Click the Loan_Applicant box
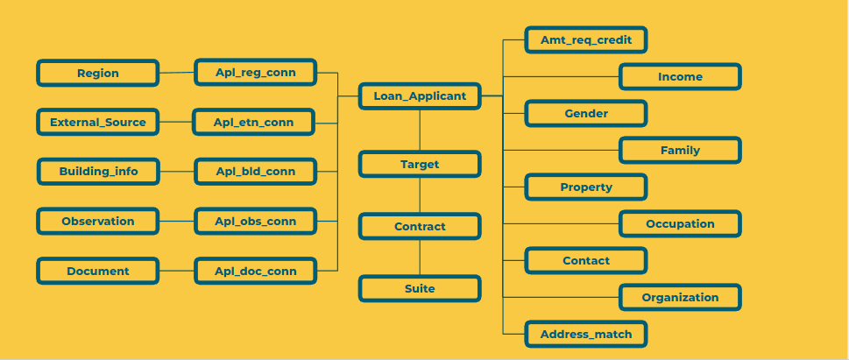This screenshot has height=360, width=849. tap(420, 95)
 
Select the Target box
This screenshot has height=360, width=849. tap(420, 164)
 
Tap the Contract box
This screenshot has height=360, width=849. tap(420, 226)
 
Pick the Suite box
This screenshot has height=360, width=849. tap(420, 288)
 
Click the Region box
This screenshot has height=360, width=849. tap(97, 73)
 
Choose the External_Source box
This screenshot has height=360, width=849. tap(97, 122)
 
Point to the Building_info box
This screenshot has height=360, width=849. tap(98, 171)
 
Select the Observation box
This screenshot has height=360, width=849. tap(97, 221)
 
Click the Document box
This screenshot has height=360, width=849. tap(97, 271)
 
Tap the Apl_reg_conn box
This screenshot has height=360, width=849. tap(255, 73)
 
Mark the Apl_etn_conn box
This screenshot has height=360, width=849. tap(254, 122)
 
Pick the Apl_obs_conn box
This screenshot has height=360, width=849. tap(255, 221)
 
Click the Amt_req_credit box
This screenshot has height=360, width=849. tap(585, 39)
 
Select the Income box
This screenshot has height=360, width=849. tap(680, 76)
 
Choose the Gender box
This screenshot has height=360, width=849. tap(585, 113)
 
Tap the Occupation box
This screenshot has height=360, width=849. tap(680, 223)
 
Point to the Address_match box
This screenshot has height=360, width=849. tap(585, 334)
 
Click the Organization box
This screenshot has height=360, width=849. tap(680, 297)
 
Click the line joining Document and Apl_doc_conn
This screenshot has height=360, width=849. tap(176, 271)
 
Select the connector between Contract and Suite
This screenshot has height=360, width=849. tap(420, 258)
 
